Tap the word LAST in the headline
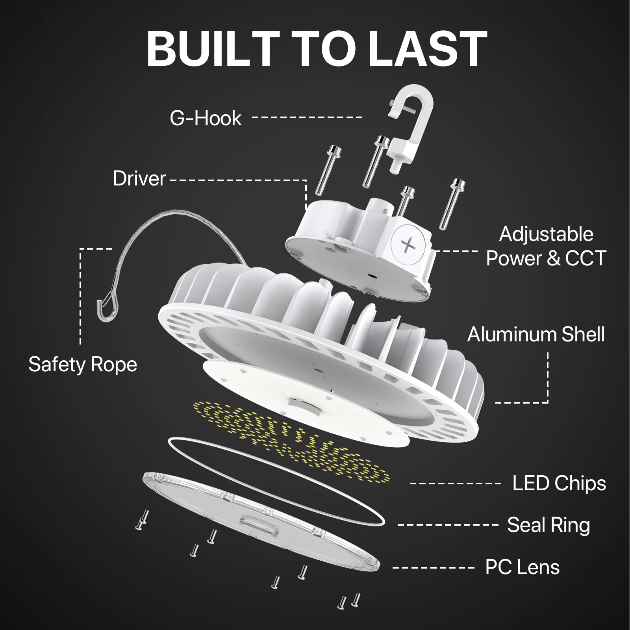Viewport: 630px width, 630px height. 428,49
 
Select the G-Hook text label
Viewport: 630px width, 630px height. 206,118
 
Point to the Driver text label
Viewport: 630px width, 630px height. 139,178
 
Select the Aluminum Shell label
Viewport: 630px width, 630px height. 535,335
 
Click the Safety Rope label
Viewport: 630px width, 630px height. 83,364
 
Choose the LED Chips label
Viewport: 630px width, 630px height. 559,483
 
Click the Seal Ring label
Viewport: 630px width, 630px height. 548,525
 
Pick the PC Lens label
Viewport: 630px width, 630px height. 522,567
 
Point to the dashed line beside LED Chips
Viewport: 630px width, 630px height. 455,483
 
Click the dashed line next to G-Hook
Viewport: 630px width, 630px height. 307,117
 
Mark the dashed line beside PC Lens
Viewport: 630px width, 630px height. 433,567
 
